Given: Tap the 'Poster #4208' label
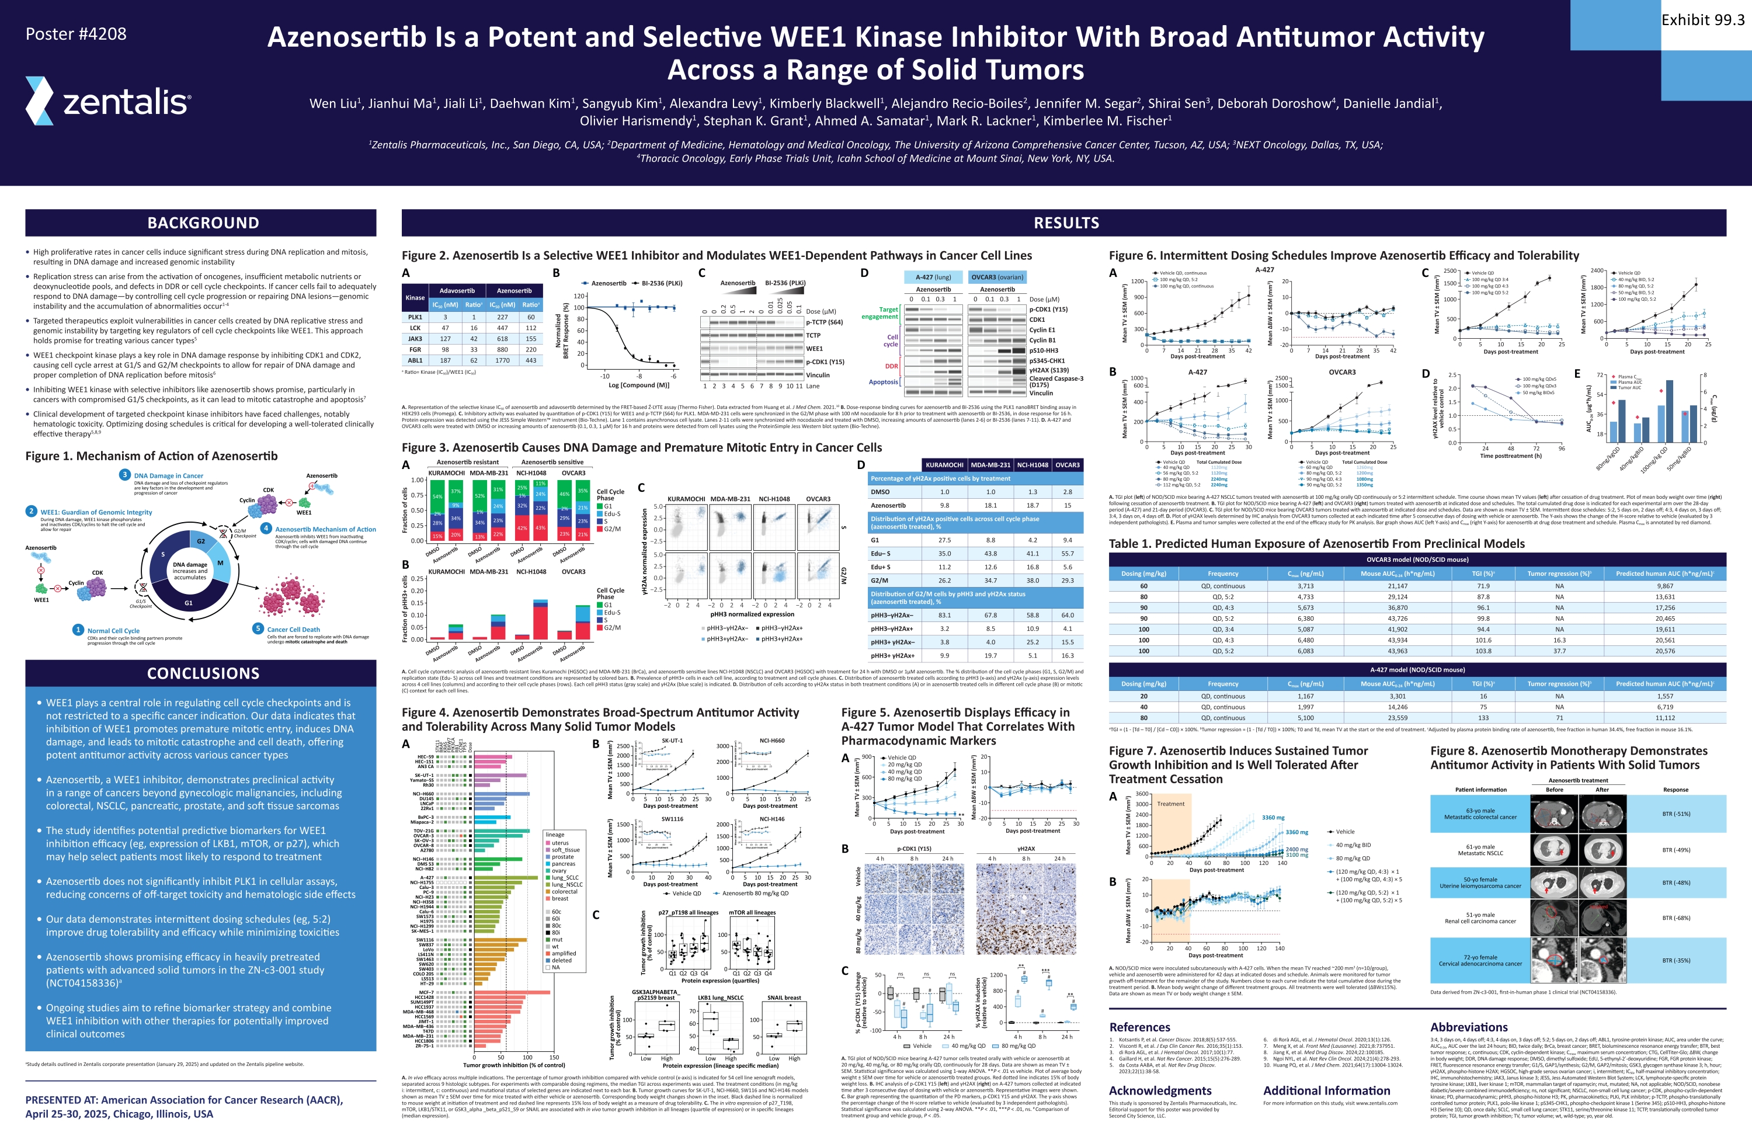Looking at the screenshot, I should (x=76, y=34).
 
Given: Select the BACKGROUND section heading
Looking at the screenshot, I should (x=203, y=223).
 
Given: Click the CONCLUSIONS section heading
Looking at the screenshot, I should (x=203, y=673).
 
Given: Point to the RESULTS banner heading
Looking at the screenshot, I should (x=1066, y=223).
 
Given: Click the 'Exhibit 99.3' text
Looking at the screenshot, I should (x=1702, y=20).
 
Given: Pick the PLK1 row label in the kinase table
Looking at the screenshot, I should (x=415, y=317).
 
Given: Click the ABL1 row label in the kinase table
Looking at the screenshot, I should (x=415, y=360).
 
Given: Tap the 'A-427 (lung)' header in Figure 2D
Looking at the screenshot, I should (x=933, y=277).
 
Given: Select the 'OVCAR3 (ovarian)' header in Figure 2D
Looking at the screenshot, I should (x=997, y=277).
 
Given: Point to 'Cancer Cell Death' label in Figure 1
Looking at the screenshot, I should (x=293, y=629).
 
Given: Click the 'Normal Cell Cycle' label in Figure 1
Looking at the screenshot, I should (x=113, y=631).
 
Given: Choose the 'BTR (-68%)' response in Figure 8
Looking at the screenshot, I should (x=1675, y=918).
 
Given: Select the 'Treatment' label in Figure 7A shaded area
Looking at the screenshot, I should (x=1170, y=804).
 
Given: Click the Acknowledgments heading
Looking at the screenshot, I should (x=1159, y=1091).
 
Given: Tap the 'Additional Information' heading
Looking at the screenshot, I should (x=1326, y=1091).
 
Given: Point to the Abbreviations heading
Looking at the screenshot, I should (x=1469, y=1027).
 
